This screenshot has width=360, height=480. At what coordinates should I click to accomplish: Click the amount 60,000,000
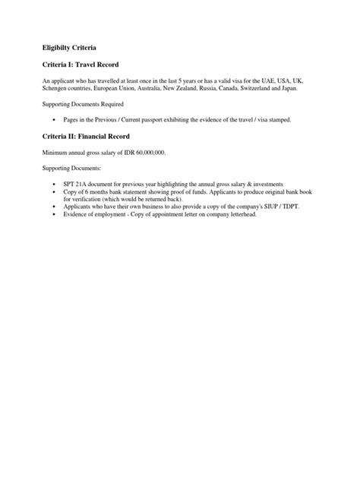(x=144, y=152)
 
